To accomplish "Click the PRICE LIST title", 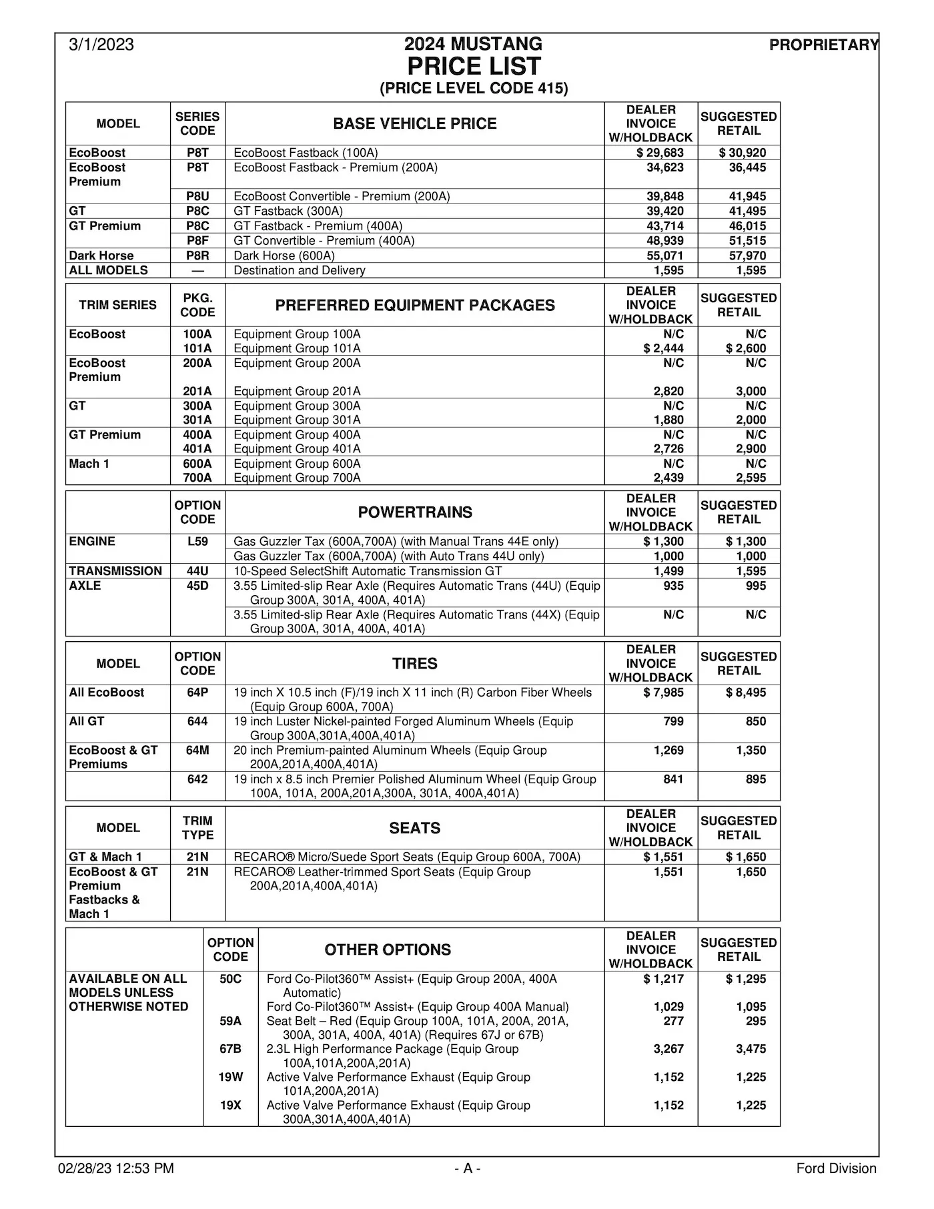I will tap(474, 67).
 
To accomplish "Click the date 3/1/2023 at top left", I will tap(101, 45).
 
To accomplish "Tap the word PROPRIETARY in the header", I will tap(824, 45).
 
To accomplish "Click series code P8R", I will tap(197, 256).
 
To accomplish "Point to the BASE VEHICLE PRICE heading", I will tap(414, 123).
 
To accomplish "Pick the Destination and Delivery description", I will tap(299, 270).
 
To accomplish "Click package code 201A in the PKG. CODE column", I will tap(197, 391).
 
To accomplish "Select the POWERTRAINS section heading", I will tap(414, 512).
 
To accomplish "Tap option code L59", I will tap(197, 542).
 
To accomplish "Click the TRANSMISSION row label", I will tap(115, 571).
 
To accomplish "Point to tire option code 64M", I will tap(197, 750).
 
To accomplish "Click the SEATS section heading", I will tap(414, 828).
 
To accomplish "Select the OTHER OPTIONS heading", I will tap(388, 949).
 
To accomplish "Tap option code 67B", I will tap(230, 1049).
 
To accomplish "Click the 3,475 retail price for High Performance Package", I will tap(751, 1049).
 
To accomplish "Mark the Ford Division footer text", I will tap(836, 1168).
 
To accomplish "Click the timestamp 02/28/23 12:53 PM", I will tap(116, 1168).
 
